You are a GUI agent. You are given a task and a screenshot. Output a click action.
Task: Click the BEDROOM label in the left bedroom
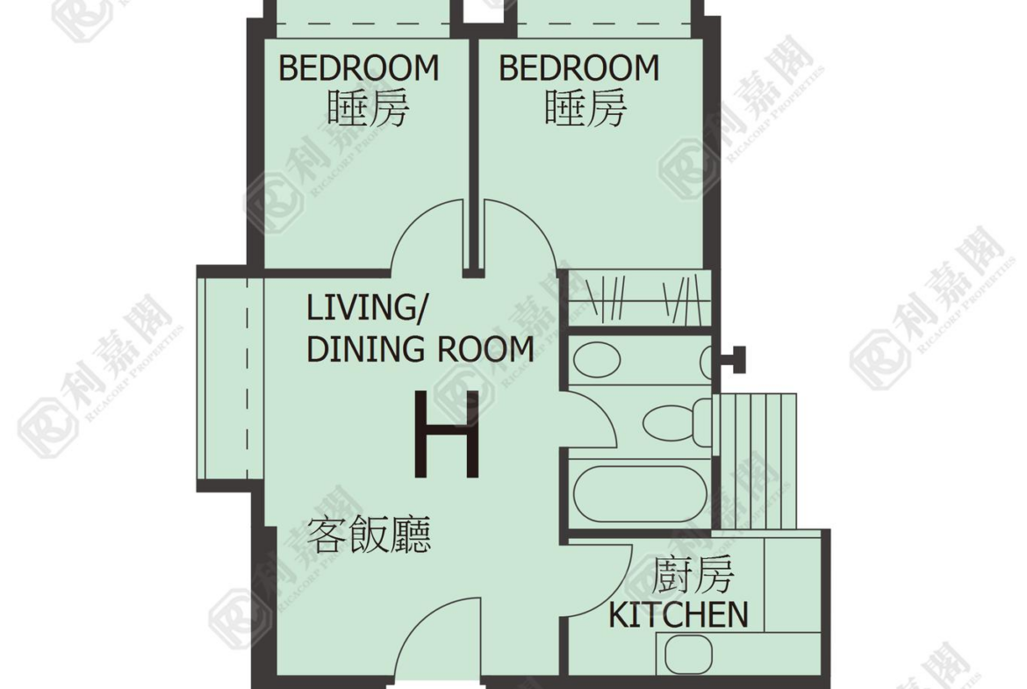(359, 68)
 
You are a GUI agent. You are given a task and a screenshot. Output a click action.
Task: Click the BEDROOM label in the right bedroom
(579, 68)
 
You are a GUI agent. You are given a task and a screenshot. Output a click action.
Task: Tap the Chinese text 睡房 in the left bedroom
(368, 108)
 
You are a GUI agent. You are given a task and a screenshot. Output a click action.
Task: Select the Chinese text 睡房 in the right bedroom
(585, 108)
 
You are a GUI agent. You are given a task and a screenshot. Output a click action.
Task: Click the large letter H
(448, 434)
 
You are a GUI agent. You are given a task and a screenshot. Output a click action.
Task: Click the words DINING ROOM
(420, 349)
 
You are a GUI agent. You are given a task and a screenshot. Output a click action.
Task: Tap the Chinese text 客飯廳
(370, 535)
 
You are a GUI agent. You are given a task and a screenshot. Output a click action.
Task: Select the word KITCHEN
(679, 615)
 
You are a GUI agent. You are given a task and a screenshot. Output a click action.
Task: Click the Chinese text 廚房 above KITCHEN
(693, 575)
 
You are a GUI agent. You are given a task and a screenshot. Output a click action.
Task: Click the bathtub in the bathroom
(640, 494)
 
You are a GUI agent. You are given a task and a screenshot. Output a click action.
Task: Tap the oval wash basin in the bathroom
(597, 360)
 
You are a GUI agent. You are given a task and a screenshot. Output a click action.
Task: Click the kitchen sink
(688, 654)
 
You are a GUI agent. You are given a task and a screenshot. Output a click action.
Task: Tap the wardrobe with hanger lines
(640, 298)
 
